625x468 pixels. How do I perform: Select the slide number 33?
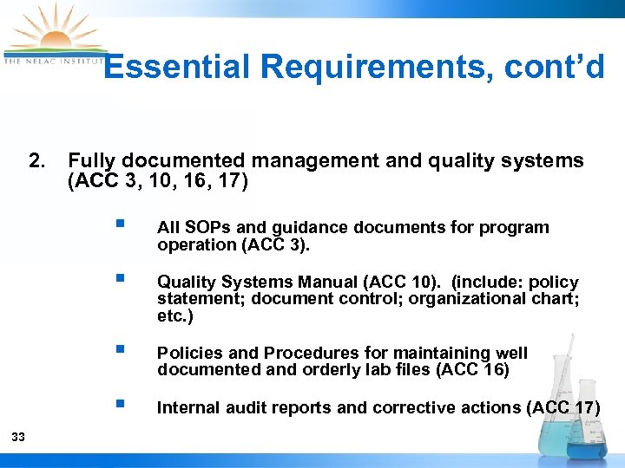point(18,437)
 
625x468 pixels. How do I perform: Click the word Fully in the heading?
point(92,160)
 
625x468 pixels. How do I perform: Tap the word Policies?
point(187,354)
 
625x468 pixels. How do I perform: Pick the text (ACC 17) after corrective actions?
point(562,408)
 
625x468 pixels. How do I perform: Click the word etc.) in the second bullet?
point(175,316)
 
